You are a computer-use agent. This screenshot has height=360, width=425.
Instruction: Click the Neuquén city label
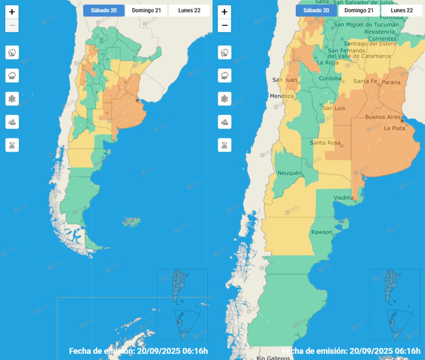[x=289, y=173]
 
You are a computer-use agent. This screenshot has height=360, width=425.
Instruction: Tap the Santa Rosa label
[x=325, y=143]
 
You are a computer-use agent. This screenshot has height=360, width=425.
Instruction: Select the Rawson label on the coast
[x=322, y=232]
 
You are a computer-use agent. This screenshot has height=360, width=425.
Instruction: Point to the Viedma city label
[x=344, y=198]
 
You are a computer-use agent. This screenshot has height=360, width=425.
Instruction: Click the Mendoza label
[x=282, y=96]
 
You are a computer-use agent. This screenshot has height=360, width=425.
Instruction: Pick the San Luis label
[x=334, y=108]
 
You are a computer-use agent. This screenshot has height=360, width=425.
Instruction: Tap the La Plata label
[x=395, y=128]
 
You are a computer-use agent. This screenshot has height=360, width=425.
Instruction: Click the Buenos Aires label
[x=383, y=117]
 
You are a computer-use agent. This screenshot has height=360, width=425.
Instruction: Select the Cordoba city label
[x=330, y=79]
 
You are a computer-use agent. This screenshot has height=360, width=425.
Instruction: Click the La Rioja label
[x=328, y=63]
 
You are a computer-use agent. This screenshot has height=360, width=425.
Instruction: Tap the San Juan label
[x=285, y=80]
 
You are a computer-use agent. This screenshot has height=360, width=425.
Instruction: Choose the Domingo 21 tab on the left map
[x=146, y=11]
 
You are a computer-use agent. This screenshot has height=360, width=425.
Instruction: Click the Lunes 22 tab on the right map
[x=402, y=11]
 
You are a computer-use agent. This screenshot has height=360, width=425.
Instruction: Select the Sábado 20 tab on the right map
[x=316, y=11]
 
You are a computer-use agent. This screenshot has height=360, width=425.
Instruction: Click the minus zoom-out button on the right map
[x=225, y=25]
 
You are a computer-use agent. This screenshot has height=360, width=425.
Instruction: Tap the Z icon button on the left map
[x=12, y=145]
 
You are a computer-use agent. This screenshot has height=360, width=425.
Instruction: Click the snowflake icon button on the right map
[x=225, y=99]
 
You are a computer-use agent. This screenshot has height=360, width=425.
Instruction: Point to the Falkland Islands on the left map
[x=131, y=222]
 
